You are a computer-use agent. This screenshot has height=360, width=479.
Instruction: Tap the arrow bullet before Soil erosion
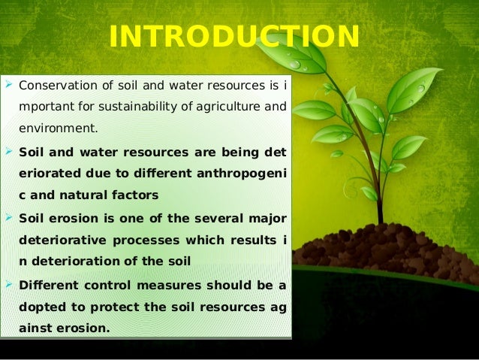tap(8, 218)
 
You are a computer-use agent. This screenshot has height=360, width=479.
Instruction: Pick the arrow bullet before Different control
tap(8, 284)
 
